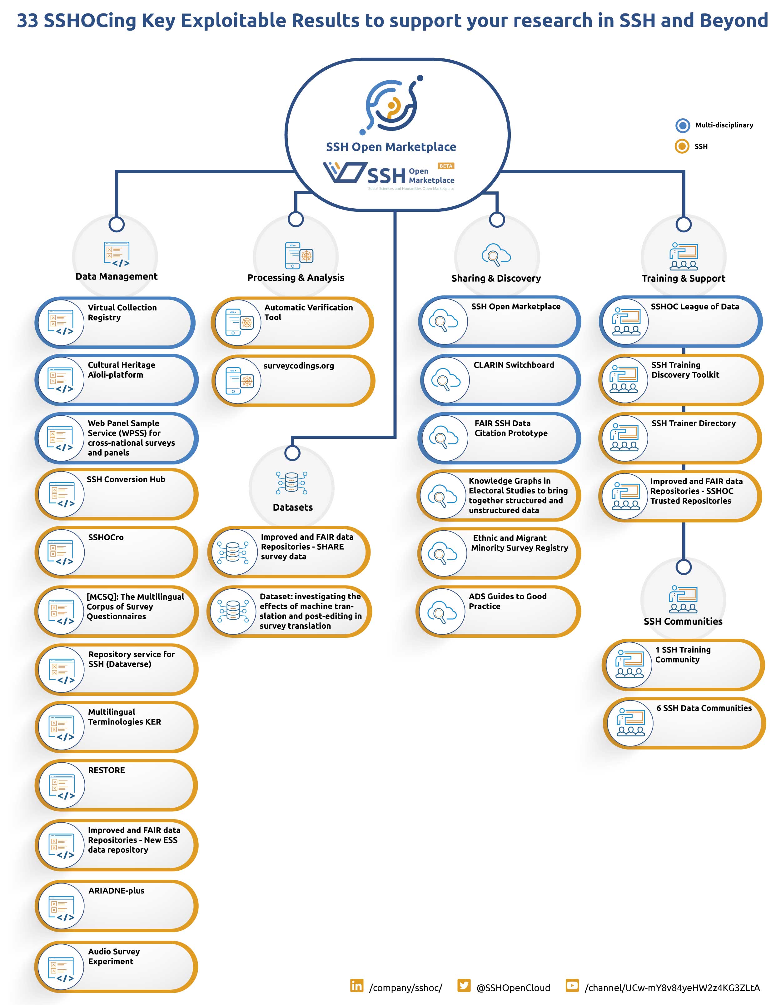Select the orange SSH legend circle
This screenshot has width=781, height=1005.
tap(682, 146)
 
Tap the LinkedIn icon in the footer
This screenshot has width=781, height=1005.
tap(357, 985)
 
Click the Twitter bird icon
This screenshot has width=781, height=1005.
tap(464, 985)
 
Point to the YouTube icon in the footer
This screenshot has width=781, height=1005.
tap(572, 985)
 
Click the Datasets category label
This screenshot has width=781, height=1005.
tap(293, 507)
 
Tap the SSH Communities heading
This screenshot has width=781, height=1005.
tap(683, 621)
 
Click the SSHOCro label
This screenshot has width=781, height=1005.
tap(106, 537)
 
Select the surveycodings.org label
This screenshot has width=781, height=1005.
tap(299, 366)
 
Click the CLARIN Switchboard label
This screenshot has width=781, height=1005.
tap(514, 365)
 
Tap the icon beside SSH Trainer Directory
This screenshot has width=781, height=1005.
tap(624, 438)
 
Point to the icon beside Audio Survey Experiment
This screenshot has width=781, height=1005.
tap(62, 968)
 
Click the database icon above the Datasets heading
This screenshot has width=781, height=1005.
tap(292, 483)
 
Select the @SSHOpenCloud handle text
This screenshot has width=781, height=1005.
tap(513, 988)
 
